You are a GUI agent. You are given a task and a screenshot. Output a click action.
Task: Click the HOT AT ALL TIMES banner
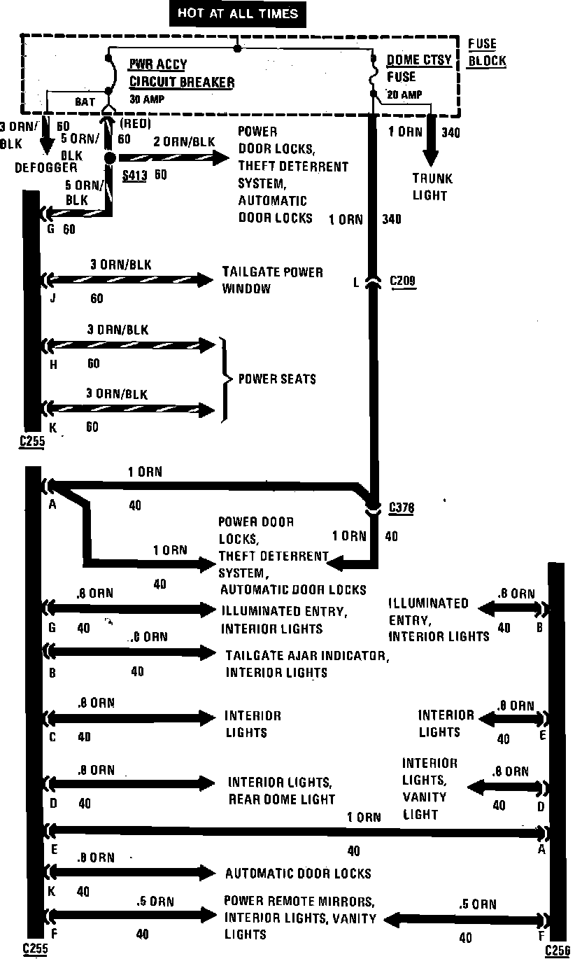click(238, 13)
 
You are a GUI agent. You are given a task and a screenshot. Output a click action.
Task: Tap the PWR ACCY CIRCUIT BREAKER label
click(181, 73)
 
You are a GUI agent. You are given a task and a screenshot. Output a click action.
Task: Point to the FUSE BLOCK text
click(486, 52)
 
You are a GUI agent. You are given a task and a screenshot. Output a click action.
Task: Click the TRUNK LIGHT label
click(430, 187)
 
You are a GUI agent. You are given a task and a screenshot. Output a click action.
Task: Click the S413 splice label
click(134, 176)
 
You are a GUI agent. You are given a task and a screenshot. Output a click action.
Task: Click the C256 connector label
click(558, 950)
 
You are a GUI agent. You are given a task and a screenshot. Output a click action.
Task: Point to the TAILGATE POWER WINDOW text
click(272, 280)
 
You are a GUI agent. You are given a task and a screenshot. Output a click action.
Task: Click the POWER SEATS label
click(277, 379)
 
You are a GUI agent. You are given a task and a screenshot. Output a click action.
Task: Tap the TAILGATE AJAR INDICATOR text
click(306, 656)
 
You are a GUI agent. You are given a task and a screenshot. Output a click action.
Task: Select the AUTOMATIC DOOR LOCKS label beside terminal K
click(298, 873)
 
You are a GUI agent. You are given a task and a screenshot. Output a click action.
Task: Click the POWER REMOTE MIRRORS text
click(299, 901)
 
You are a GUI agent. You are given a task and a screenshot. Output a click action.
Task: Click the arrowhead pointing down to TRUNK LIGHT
click(429, 157)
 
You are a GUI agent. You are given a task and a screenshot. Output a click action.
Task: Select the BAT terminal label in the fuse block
click(85, 102)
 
